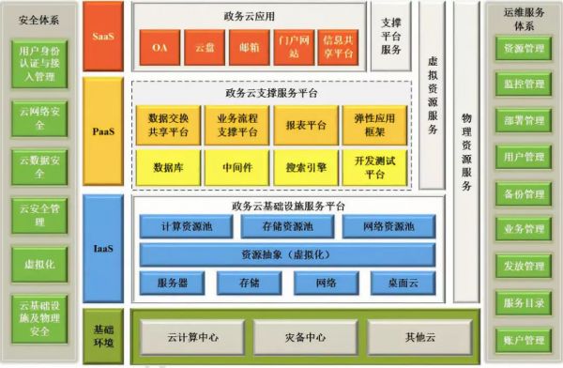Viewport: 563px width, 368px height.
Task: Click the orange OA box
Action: [x=160, y=47]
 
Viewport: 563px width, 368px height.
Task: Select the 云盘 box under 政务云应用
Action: [x=204, y=47]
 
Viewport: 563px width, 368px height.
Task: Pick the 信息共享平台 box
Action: [x=338, y=47]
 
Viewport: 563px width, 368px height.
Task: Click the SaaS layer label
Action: [x=103, y=38]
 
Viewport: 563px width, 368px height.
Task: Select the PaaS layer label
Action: [x=103, y=131]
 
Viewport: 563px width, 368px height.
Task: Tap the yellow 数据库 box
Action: [x=168, y=167]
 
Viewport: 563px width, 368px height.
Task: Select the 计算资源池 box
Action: [x=184, y=227]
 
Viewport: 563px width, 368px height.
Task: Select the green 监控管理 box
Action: [x=525, y=84]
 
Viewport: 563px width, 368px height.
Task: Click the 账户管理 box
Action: [x=525, y=339]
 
